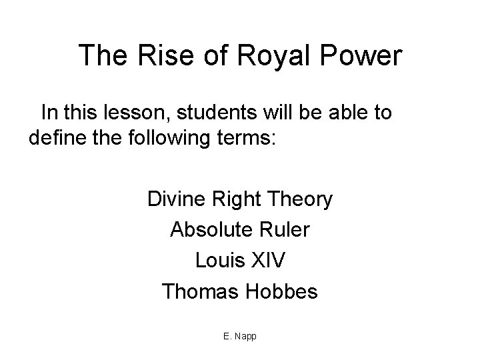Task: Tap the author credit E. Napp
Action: point(240,336)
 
